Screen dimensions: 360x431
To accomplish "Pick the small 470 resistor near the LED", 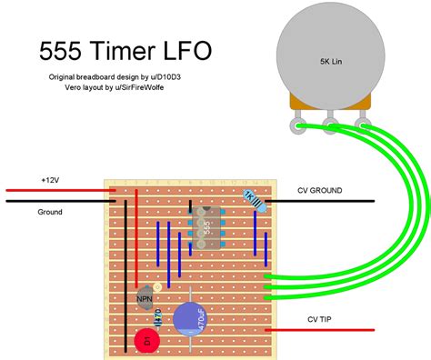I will click(x=158, y=317).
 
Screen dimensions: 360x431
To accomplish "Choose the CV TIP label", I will click(x=313, y=320).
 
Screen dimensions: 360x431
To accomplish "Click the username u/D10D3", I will click(x=165, y=79).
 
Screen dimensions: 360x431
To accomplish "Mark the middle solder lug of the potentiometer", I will click(x=329, y=125).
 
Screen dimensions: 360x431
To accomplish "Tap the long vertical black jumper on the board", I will click(x=126, y=273).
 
